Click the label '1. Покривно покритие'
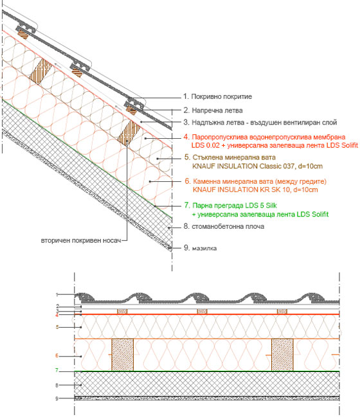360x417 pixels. [x=217, y=96]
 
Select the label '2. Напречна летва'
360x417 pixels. [x=213, y=110]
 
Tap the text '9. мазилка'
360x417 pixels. [x=201, y=248]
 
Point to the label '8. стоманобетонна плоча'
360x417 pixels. [x=224, y=226]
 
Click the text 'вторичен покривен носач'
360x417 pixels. [x=81, y=240]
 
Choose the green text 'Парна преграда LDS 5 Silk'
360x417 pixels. [x=235, y=206]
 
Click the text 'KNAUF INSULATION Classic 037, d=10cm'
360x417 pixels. [x=257, y=166]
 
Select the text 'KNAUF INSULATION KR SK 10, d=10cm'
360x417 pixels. [x=255, y=190]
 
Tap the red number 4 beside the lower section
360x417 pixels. [x=57, y=315]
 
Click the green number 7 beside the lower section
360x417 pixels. [x=57, y=370]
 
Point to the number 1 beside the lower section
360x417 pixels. [x=57, y=295]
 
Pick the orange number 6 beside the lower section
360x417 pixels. [x=57, y=355]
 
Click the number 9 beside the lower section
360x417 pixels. [x=57, y=398]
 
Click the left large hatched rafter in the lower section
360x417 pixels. [x=122, y=355]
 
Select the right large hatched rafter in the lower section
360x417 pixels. [x=282, y=355]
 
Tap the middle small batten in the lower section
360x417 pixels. [x=202, y=312]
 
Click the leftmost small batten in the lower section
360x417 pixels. [x=122, y=312]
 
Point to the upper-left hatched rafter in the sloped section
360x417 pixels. [x=40, y=71]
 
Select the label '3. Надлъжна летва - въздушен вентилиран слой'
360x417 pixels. [x=260, y=122]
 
